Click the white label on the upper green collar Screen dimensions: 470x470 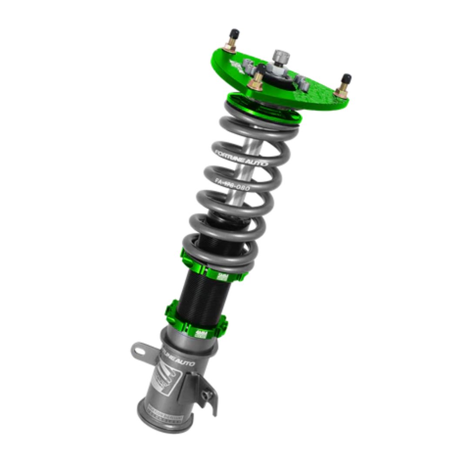223,276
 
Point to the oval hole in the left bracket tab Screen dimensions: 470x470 139,349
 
